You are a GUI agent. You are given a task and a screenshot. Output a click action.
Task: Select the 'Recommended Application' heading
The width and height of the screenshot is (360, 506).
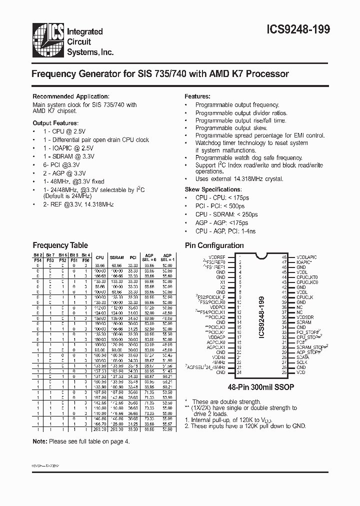click(x=70, y=96)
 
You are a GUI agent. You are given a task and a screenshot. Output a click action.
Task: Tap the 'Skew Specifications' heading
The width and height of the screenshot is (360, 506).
click(x=213, y=189)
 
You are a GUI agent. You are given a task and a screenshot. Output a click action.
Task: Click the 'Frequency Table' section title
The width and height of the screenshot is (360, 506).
click(x=60, y=245)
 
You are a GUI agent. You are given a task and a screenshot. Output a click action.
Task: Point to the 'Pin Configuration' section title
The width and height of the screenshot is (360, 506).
click(x=214, y=245)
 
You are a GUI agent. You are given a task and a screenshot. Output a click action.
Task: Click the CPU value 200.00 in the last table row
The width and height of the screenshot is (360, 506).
click(x=99, y=429)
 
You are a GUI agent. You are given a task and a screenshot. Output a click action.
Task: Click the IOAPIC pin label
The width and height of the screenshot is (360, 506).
click(x=304, y=262)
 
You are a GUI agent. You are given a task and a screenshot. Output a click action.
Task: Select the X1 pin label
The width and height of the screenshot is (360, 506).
click(x=222, y=282)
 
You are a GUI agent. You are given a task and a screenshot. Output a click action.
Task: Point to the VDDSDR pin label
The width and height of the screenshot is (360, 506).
click(x=304, y=317)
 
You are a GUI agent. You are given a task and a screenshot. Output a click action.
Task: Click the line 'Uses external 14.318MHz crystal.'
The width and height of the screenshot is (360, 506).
click(x=239, y=178)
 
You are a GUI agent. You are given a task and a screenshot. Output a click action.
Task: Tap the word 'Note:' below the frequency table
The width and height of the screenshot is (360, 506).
click(x=39, y=441)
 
